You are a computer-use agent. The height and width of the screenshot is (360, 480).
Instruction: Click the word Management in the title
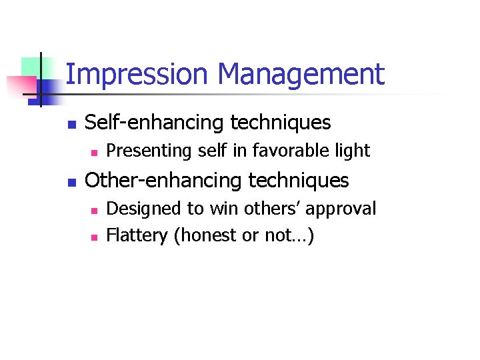[x=302, y=75]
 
